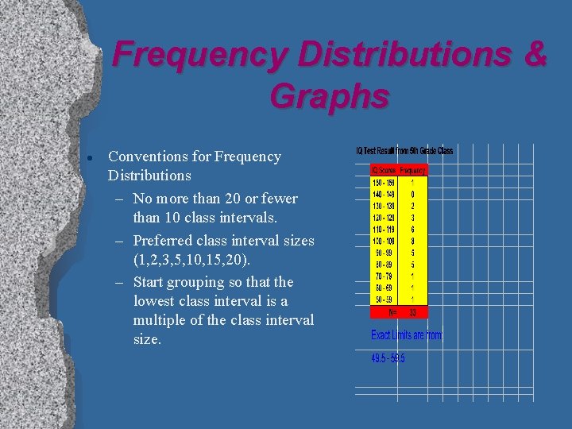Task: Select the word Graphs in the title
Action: pyautogui.click(x=330, y=96)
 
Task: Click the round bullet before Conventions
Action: pyautogui.click(x=93, y=157)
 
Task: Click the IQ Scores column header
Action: pyautogui.click(x=384, y=170)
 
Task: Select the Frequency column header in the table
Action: pyautogui.click(x=412, y=170)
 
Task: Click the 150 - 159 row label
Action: pyautogui.click(x=385, y=181)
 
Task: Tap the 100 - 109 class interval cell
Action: pyautogui.click(x=385, y=240)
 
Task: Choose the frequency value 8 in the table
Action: pyautogui.click(x=412, y=240)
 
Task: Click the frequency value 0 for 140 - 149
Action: pyautogui.click(x=412, y=193)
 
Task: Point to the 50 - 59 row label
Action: pyautogui.click(x=385, y=300)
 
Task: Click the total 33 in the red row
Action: pyautogui.click(x=412, y=312)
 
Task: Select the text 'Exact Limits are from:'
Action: pyautogui.click(x=407, y=335)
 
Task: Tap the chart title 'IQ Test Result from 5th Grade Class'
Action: pyautogui.click(x=404, y=152)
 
